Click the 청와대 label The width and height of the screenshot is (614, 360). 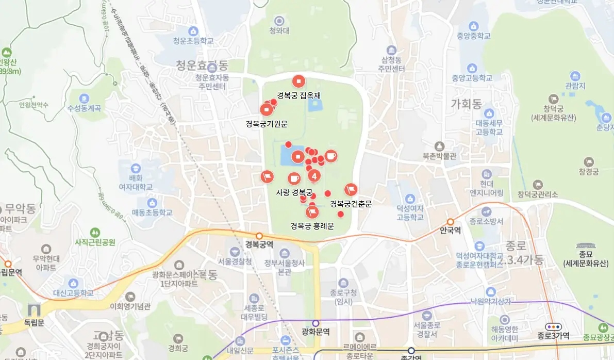tap(279, 31)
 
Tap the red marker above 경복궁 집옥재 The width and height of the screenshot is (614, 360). tap(299, 81)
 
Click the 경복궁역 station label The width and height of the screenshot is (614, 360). tap(259, 244)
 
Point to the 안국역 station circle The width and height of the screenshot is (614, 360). tap(450, 222)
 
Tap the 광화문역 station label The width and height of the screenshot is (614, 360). tap(316, 332)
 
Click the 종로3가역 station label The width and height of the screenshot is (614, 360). tap(554, 336)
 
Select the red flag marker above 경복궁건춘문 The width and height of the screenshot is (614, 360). tap(351, 190)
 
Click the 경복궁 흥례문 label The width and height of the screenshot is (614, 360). tap(312, 226)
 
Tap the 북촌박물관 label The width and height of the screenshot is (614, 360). tap(439, 156)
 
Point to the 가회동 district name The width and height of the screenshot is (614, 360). tap(466, 103)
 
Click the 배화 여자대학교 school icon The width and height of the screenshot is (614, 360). tap(135, 168)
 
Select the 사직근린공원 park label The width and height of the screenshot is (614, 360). tap(95, 242)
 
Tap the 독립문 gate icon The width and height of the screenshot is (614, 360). tap(35, 310)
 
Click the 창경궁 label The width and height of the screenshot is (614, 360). tap(588, 171)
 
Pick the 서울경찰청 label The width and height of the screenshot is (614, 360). tap(235, 261)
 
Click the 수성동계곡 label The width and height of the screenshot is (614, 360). tap(84, 109)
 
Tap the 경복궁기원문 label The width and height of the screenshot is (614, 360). tap(266, 124)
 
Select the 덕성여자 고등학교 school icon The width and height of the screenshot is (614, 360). tap(410, 198)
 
